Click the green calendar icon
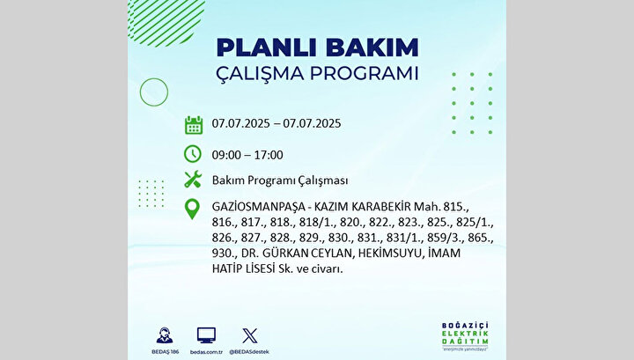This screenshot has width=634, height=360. click(x=194, y=125)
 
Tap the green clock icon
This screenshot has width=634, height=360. click(x=193, y=154)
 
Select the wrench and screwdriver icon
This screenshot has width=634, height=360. click(x=193, y=179)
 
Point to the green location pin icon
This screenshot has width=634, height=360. click(x=192, y=209)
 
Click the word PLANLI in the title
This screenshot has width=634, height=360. click(x=268, y=48)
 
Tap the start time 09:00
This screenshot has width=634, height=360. click(x=226, y=155)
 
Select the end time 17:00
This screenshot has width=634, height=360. click(x=269, y=155)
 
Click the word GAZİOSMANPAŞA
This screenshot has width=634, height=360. click(x=259, y=207)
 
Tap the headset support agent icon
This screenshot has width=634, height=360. click(x=165, y=335)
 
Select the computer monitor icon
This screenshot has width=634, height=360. click(x=206, y=335)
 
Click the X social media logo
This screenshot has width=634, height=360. click(x=249, y=335)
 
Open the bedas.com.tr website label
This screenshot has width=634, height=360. click(x=206, y=352)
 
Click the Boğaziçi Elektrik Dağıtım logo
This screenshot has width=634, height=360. click(x=465, y=336)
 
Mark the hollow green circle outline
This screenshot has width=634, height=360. click(x=154, y=92)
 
